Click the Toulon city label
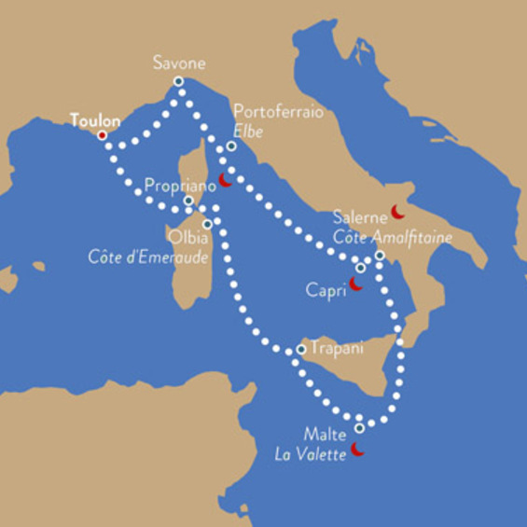click(95, 120)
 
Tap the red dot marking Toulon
click(102, 135)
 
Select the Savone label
click(179, 63)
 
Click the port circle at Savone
click(178, 82)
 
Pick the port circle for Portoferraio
click(231, 146)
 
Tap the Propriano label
click(180, 186)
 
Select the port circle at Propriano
click(188, 201)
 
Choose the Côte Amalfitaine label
click(392, 238)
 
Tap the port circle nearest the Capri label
click(360, 269)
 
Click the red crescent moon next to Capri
click(356, 283)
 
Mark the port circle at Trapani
click(300, 350)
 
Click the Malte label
click(325, 435)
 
